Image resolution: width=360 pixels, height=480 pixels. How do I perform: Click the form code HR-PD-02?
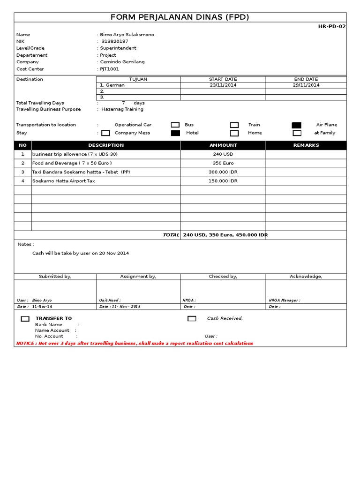point(332,27)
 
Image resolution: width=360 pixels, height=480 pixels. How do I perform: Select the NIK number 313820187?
point(115,41)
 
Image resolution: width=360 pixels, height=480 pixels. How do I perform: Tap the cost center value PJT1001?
point(109,69)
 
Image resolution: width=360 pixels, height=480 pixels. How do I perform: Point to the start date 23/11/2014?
point(223,85)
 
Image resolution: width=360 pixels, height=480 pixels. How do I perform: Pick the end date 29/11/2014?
point(306,85)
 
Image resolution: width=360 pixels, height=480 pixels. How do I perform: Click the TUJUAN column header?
point(138,79)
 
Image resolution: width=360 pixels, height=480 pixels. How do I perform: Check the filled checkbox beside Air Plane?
point(296,125)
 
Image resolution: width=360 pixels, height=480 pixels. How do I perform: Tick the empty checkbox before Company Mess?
point(105,133)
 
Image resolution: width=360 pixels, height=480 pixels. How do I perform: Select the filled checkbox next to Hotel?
point(175,133)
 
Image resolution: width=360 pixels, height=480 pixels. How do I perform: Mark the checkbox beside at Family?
point(297,133)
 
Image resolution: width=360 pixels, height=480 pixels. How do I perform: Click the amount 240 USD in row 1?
point(223,154)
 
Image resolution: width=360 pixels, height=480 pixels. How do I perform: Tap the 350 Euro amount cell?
point(223,163)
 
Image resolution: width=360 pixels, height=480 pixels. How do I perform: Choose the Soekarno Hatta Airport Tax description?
point(63,181)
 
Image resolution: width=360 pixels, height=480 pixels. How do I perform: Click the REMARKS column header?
point(306,145)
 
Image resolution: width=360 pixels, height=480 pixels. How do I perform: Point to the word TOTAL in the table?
point(171,235)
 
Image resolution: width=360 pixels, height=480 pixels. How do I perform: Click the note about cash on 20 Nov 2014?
point(80,253)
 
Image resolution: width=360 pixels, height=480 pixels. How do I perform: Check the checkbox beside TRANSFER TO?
point(25,319)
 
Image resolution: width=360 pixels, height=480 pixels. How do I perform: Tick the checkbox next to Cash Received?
point(192,319)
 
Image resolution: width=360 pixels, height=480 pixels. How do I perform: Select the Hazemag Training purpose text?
point(122,109)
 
